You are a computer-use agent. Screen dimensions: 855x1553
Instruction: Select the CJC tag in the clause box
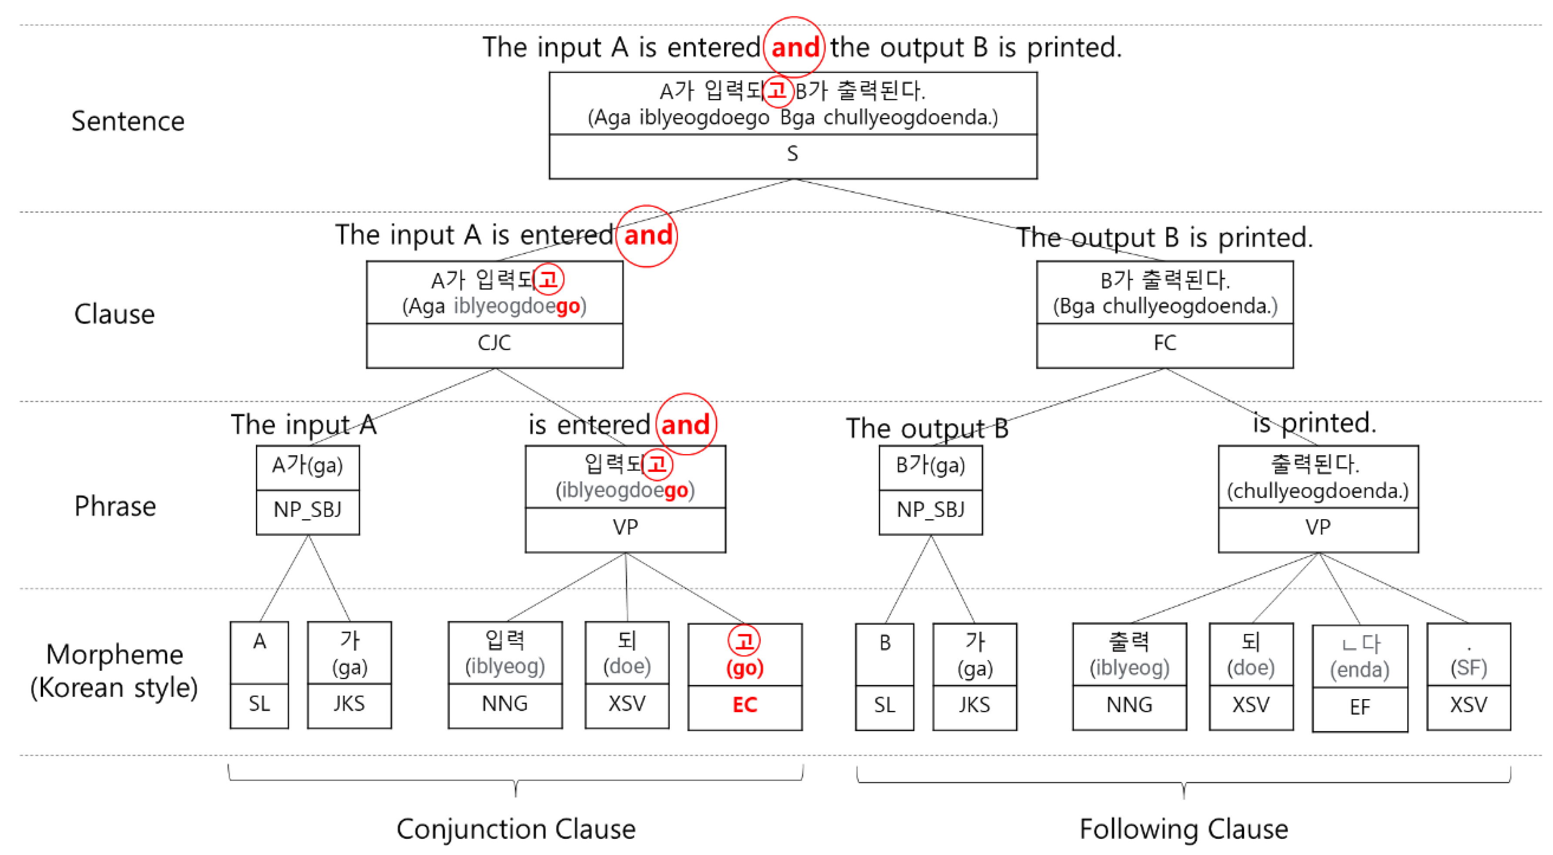pos(494,343)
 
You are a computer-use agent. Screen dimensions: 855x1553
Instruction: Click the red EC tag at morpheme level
pos(745,705)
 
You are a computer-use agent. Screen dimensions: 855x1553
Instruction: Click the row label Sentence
pos(128,121)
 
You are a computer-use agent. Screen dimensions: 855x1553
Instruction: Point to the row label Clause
pos(114,314)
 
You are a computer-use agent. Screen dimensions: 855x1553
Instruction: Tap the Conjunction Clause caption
pos(516,829)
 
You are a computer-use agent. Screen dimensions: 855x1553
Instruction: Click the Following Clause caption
pos(1184,829)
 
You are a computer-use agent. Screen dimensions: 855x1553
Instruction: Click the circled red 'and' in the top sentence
pos(795,47)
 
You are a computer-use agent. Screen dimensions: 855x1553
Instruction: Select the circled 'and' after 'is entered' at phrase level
pos(685,424)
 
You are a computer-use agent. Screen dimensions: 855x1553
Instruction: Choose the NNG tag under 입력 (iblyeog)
pos(505,704)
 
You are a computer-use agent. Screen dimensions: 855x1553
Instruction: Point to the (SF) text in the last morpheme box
pos(1468,667)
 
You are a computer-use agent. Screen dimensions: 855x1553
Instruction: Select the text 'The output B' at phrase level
pos(926,428)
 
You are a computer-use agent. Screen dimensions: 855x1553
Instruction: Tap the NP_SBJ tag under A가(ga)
pos(308,510)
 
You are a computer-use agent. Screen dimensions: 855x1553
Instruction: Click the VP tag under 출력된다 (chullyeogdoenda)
pos(1318,528)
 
